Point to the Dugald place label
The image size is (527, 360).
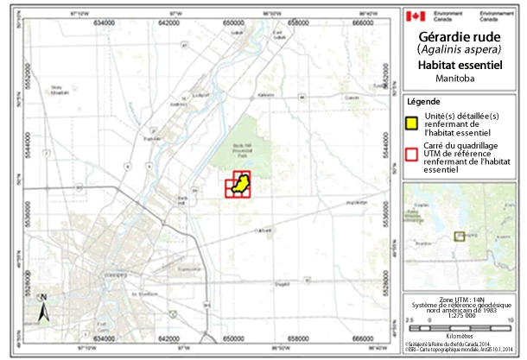pyautogui.click(x=281, y=282)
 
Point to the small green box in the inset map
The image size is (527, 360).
pyautogui.click(x=460, y=234)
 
